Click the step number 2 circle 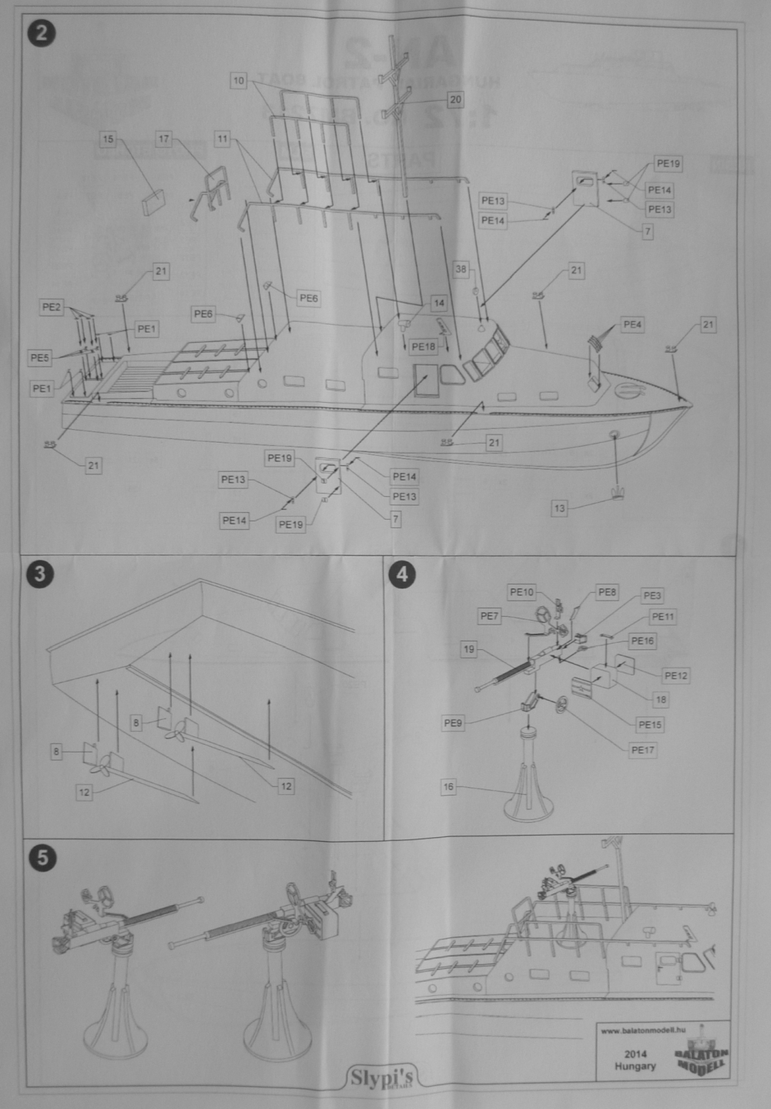click(41, 34)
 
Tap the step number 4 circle click(404, 575)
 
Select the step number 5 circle click(41, 857)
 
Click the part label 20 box click(455, 100)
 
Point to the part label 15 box click(109, 139)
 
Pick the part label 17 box click(163, 139)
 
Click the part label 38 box click(461, 270)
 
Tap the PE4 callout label click(632, 325)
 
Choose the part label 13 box click(560, 508)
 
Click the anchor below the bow click(616, 494)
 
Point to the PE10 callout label click(521, 592)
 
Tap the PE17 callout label click(642, 750)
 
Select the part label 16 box click(449, 787)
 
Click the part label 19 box click(469, 649)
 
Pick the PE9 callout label click(454, 723)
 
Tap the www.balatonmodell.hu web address click(642, 1030)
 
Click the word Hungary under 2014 click(635, 1067)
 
